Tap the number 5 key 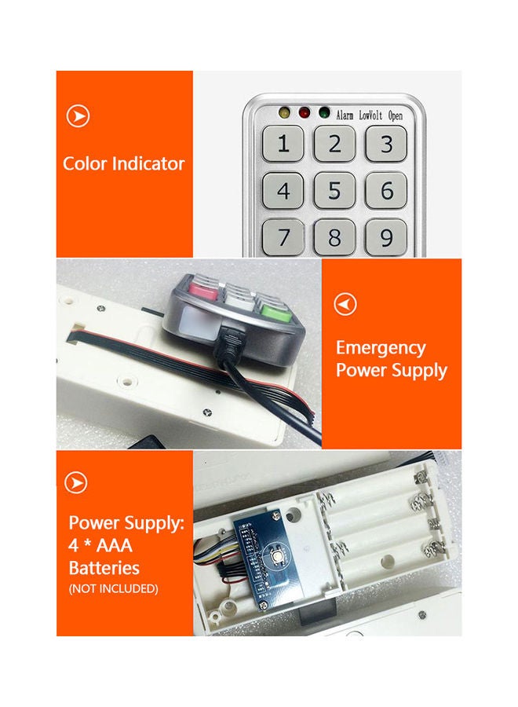point(335,191)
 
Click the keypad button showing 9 point(386,236)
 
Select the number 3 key point(386,144)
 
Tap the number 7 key point(283,236)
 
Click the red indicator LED point(303,112)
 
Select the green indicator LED point(323,112)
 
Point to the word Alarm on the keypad point(345,115)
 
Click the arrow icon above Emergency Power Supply point(345,304)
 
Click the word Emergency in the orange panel point(381,348)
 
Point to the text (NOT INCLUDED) point(113,588)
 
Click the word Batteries point(104,567)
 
